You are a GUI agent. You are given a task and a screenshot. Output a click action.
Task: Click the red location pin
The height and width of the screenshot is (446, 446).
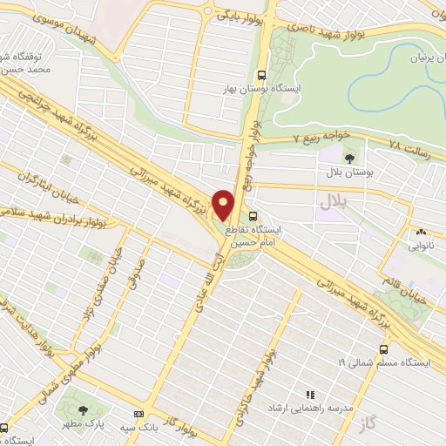click(223, 205)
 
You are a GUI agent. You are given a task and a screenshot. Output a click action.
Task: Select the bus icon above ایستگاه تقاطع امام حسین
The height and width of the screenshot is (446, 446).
click(253, 215)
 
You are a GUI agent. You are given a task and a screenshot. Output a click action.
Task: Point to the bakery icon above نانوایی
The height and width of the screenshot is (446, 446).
click(421, 232)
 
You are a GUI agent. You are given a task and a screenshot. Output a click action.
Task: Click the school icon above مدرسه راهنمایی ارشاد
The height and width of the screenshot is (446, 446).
click(307, 395)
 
